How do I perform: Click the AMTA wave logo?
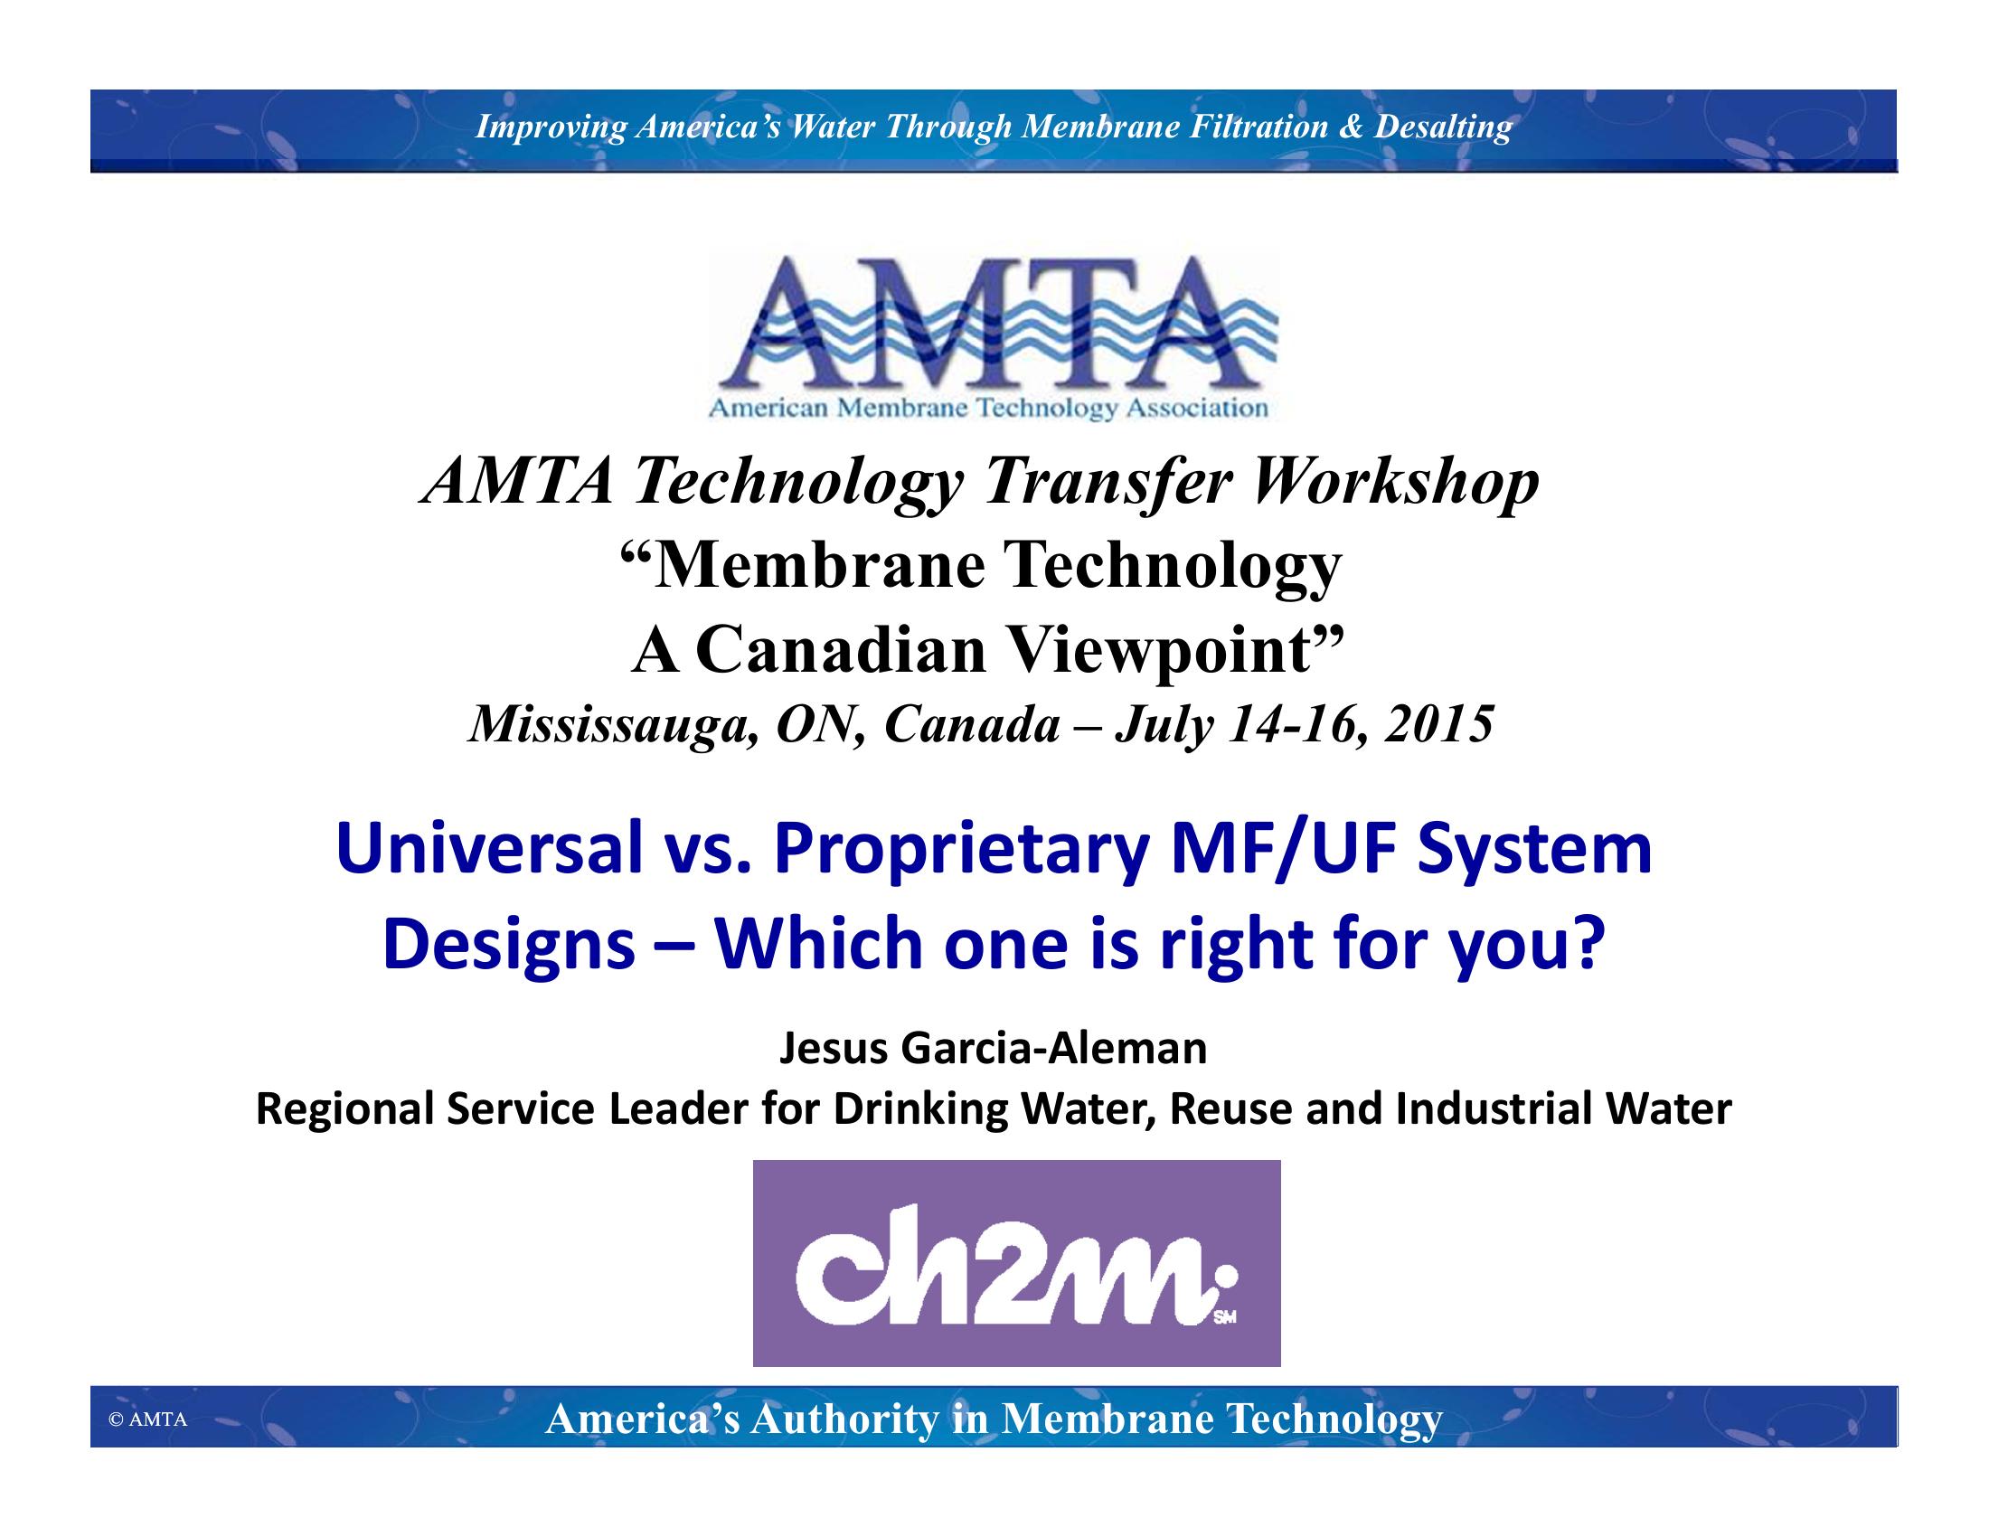pos(994,336)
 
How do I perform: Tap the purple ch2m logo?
pos(1016,1263)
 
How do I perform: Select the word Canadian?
pos(842,651)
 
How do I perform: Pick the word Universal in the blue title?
pos(489,849)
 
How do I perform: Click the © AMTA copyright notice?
pos(147,1419)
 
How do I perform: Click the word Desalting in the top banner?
pos(1443,127)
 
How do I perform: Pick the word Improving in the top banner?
pos(551,127)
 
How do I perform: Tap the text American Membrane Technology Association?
pos(988,408)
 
